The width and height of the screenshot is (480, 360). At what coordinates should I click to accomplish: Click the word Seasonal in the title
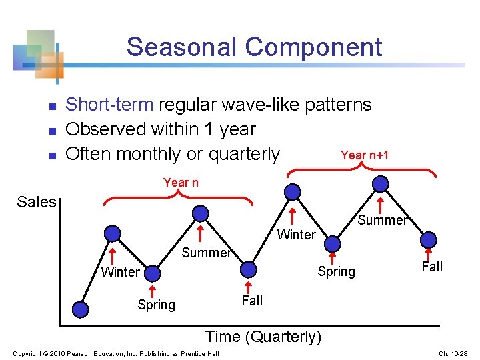coord(181,47)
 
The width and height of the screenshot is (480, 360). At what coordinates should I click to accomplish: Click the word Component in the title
coord(313,48)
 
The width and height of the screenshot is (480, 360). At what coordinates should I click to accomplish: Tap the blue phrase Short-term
coord(109,105)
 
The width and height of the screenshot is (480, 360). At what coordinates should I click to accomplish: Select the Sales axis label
coord(37,202)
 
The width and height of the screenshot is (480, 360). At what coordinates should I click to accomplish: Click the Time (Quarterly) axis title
coord(263,337)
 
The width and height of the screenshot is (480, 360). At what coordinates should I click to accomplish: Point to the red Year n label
coord(181,183)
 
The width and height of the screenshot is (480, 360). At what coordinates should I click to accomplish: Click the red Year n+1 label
coord(365,155)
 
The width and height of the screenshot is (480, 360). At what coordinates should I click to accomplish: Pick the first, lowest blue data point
coord(81,309)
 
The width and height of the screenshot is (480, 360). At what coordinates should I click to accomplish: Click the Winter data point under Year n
coord(113,234)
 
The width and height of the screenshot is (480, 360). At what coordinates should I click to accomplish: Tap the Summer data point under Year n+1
coord(381,184)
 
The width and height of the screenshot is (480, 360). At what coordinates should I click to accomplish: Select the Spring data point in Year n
coord(153,273)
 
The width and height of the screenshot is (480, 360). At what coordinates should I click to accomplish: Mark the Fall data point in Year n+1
coord(429,240)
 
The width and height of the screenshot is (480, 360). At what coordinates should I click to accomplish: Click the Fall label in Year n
coord(252,300)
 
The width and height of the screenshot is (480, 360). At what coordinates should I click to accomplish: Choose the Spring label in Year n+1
coord(337,271)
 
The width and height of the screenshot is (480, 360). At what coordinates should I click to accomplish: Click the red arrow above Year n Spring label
coord(153,291)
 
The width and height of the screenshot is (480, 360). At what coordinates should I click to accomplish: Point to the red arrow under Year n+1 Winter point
coord(293,216)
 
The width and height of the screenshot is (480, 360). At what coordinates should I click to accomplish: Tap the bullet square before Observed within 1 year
coord(53,131)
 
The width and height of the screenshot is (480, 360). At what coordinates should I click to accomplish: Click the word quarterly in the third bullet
coord(244,154)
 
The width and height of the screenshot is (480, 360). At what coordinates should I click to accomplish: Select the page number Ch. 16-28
coord(453,353)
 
